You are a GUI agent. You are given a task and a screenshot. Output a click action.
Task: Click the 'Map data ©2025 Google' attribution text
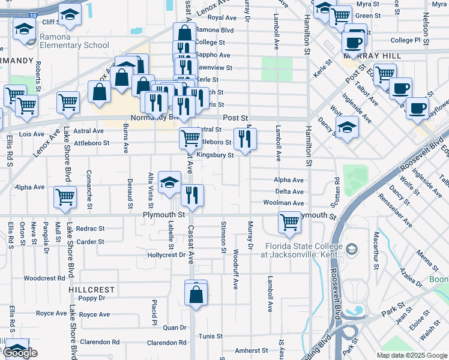pyautogui.click(x=412, y=355)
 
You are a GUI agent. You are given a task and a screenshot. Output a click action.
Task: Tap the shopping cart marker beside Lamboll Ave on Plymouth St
pyautogui.click(x=289, y=223)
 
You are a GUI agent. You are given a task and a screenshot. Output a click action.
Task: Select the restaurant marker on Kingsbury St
pyautogui.click(x=245, y=140)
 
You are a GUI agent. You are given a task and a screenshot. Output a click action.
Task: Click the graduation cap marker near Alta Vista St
pyautogui.click(x=170, y=182)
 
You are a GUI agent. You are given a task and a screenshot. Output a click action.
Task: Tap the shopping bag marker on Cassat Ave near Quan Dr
pyautogui.click(x=196, y=295)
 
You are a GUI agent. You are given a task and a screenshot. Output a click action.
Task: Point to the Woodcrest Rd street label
pyautogui.click(x=44, y=278)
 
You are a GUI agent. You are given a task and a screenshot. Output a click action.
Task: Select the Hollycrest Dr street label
pyautogui.click(x=167, y=255)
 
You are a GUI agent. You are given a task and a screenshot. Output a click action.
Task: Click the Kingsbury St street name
pyautogui.click(x=215, y=155)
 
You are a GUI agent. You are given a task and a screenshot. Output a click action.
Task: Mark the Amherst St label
pyautogui.click(x=251, y=350)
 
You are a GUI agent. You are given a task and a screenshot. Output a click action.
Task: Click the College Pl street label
pyautogui.click(x=406, y=40)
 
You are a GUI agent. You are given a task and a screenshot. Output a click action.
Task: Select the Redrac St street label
pyautogui.click(x=91, y=229)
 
